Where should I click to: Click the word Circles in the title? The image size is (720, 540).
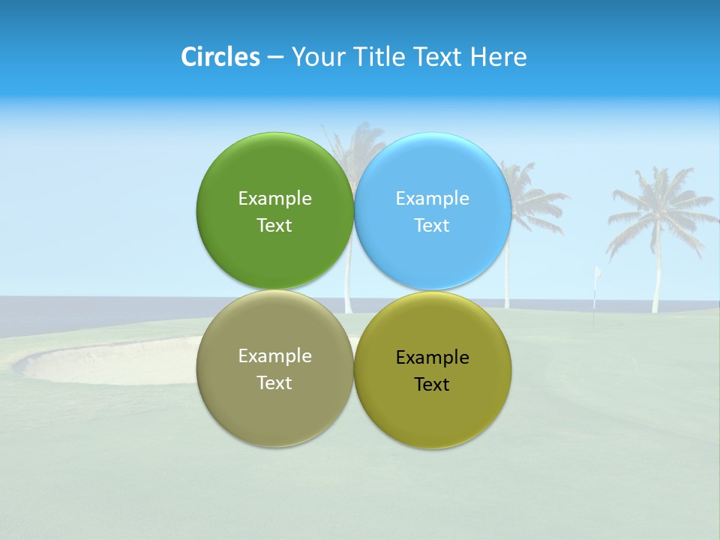[x=220, y=57]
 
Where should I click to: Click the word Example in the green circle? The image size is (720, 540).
[x=274, y=198]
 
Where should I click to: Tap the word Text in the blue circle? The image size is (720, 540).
[x=432, y=225]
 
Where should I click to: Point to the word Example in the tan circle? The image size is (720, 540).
[x=274, y=355]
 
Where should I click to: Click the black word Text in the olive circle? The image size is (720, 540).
[x=432, y=384]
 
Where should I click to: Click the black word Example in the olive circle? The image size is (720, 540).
[x=432, y=357]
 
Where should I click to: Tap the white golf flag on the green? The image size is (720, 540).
[x=598, y=274]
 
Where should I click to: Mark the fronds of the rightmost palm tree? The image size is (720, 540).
[x=660, y=202]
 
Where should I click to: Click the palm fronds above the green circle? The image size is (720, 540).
[x=352, y=146]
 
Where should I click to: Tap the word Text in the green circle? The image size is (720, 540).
[x=274, y=225]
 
